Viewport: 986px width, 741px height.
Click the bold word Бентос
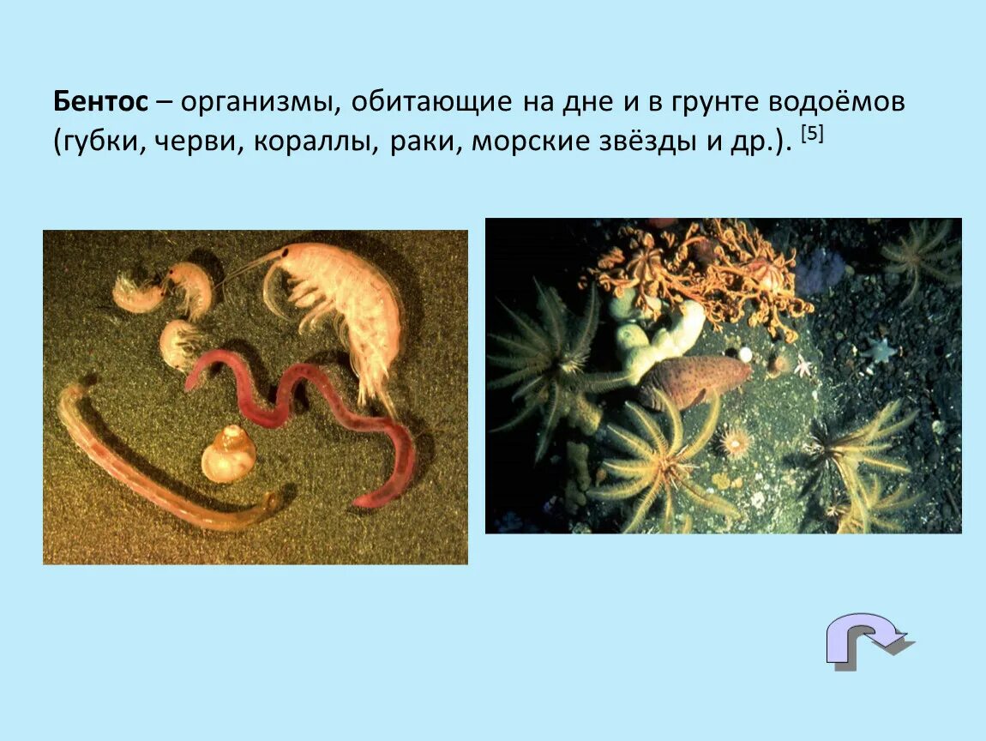(x=100, y=102)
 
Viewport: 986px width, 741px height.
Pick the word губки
(x=104, y=141)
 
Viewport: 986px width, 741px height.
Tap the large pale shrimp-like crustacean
(x=343, y=300)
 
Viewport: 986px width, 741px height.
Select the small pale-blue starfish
(x=879, y=348)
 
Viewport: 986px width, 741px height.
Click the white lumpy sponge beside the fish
(x=660, y=339)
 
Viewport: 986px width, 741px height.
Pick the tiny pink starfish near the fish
(x=803, y=367)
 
